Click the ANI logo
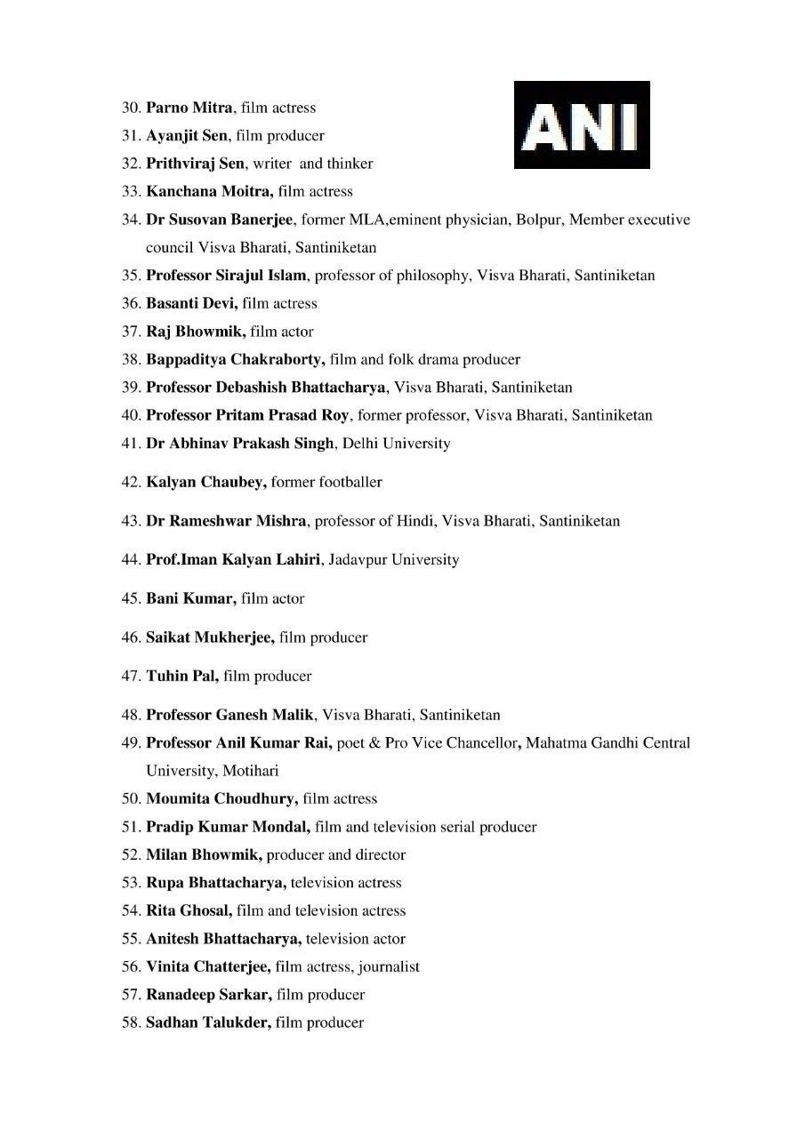pyautogui.click(x=582, y=125)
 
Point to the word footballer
pyautogui.click(x=350, y=482)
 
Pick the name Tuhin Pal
pyautogui.click(x=182, y=676)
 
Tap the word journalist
pyautogui.click(x=390, y=966)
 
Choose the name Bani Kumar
pyautogui.click(x=191, y=598)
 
